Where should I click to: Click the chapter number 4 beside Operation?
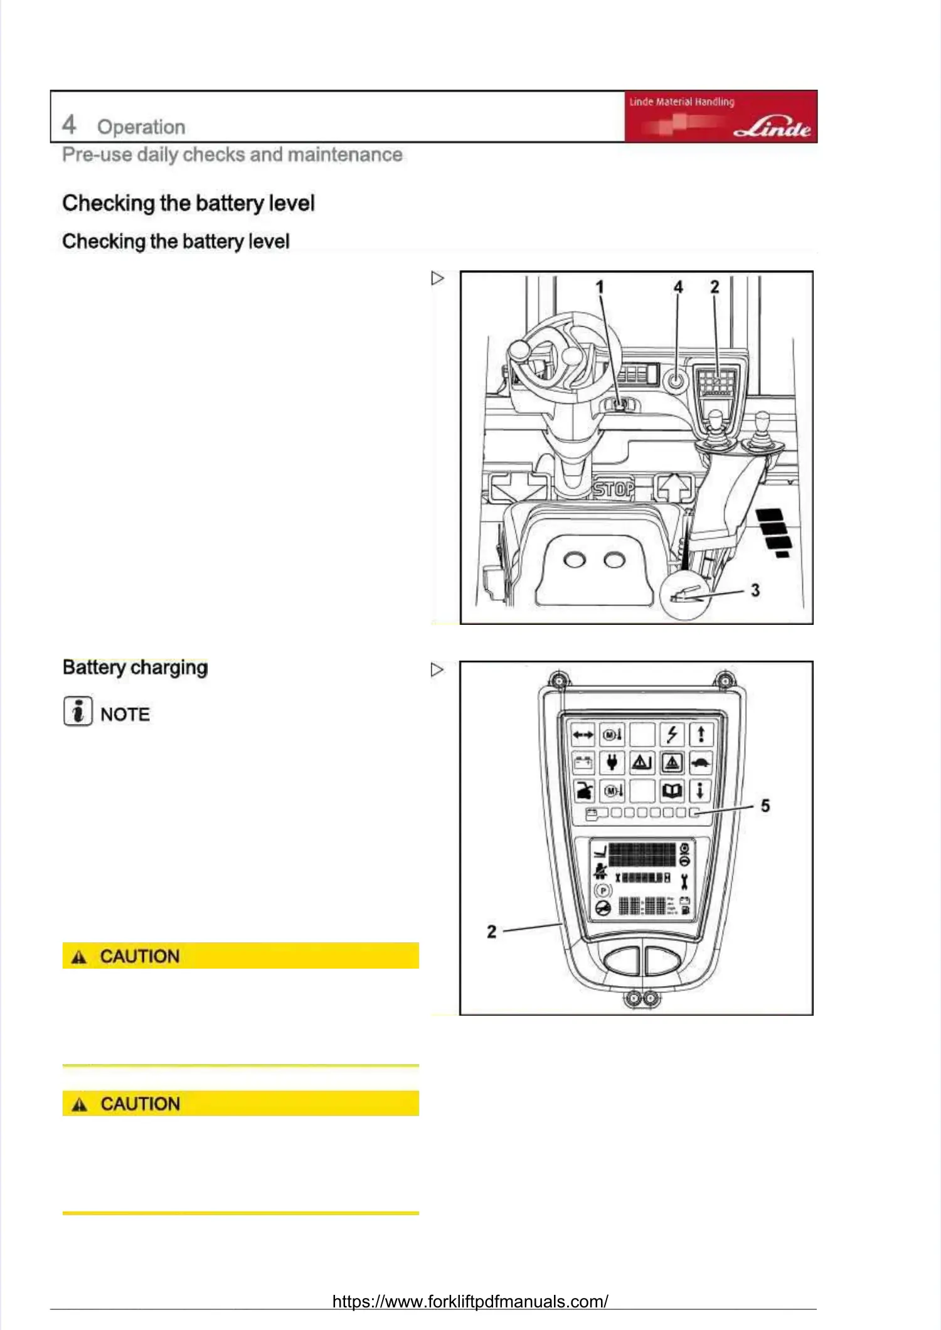click(x=69, y=124)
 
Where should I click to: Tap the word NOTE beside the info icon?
click(x=125, y=715)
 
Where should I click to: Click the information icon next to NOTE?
click(x=78, y=711)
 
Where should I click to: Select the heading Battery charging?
click(x=135, y=668)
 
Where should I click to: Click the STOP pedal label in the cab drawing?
click(x=614, y=489)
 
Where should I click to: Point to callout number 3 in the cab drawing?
click(x=755, y=590)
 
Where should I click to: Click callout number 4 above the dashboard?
click(x=678, y=287)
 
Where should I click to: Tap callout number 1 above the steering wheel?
click(x=600, y=287)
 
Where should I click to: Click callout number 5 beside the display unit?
click(x=765, y=806)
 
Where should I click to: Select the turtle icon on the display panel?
click(x=701, y=763)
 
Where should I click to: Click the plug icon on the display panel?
click(x=612, y=763)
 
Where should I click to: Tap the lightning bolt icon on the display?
click(x=672, y=734)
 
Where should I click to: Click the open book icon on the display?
click(x=672, y=791)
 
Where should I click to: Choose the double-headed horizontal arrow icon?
click(x=583, y=734)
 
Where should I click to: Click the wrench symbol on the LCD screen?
click(x=684, y=881)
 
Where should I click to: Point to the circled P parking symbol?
click(x=603, y=890)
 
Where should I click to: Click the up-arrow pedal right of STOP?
click(x=674, y=487)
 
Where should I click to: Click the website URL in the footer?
click(x=470, y=1301)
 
